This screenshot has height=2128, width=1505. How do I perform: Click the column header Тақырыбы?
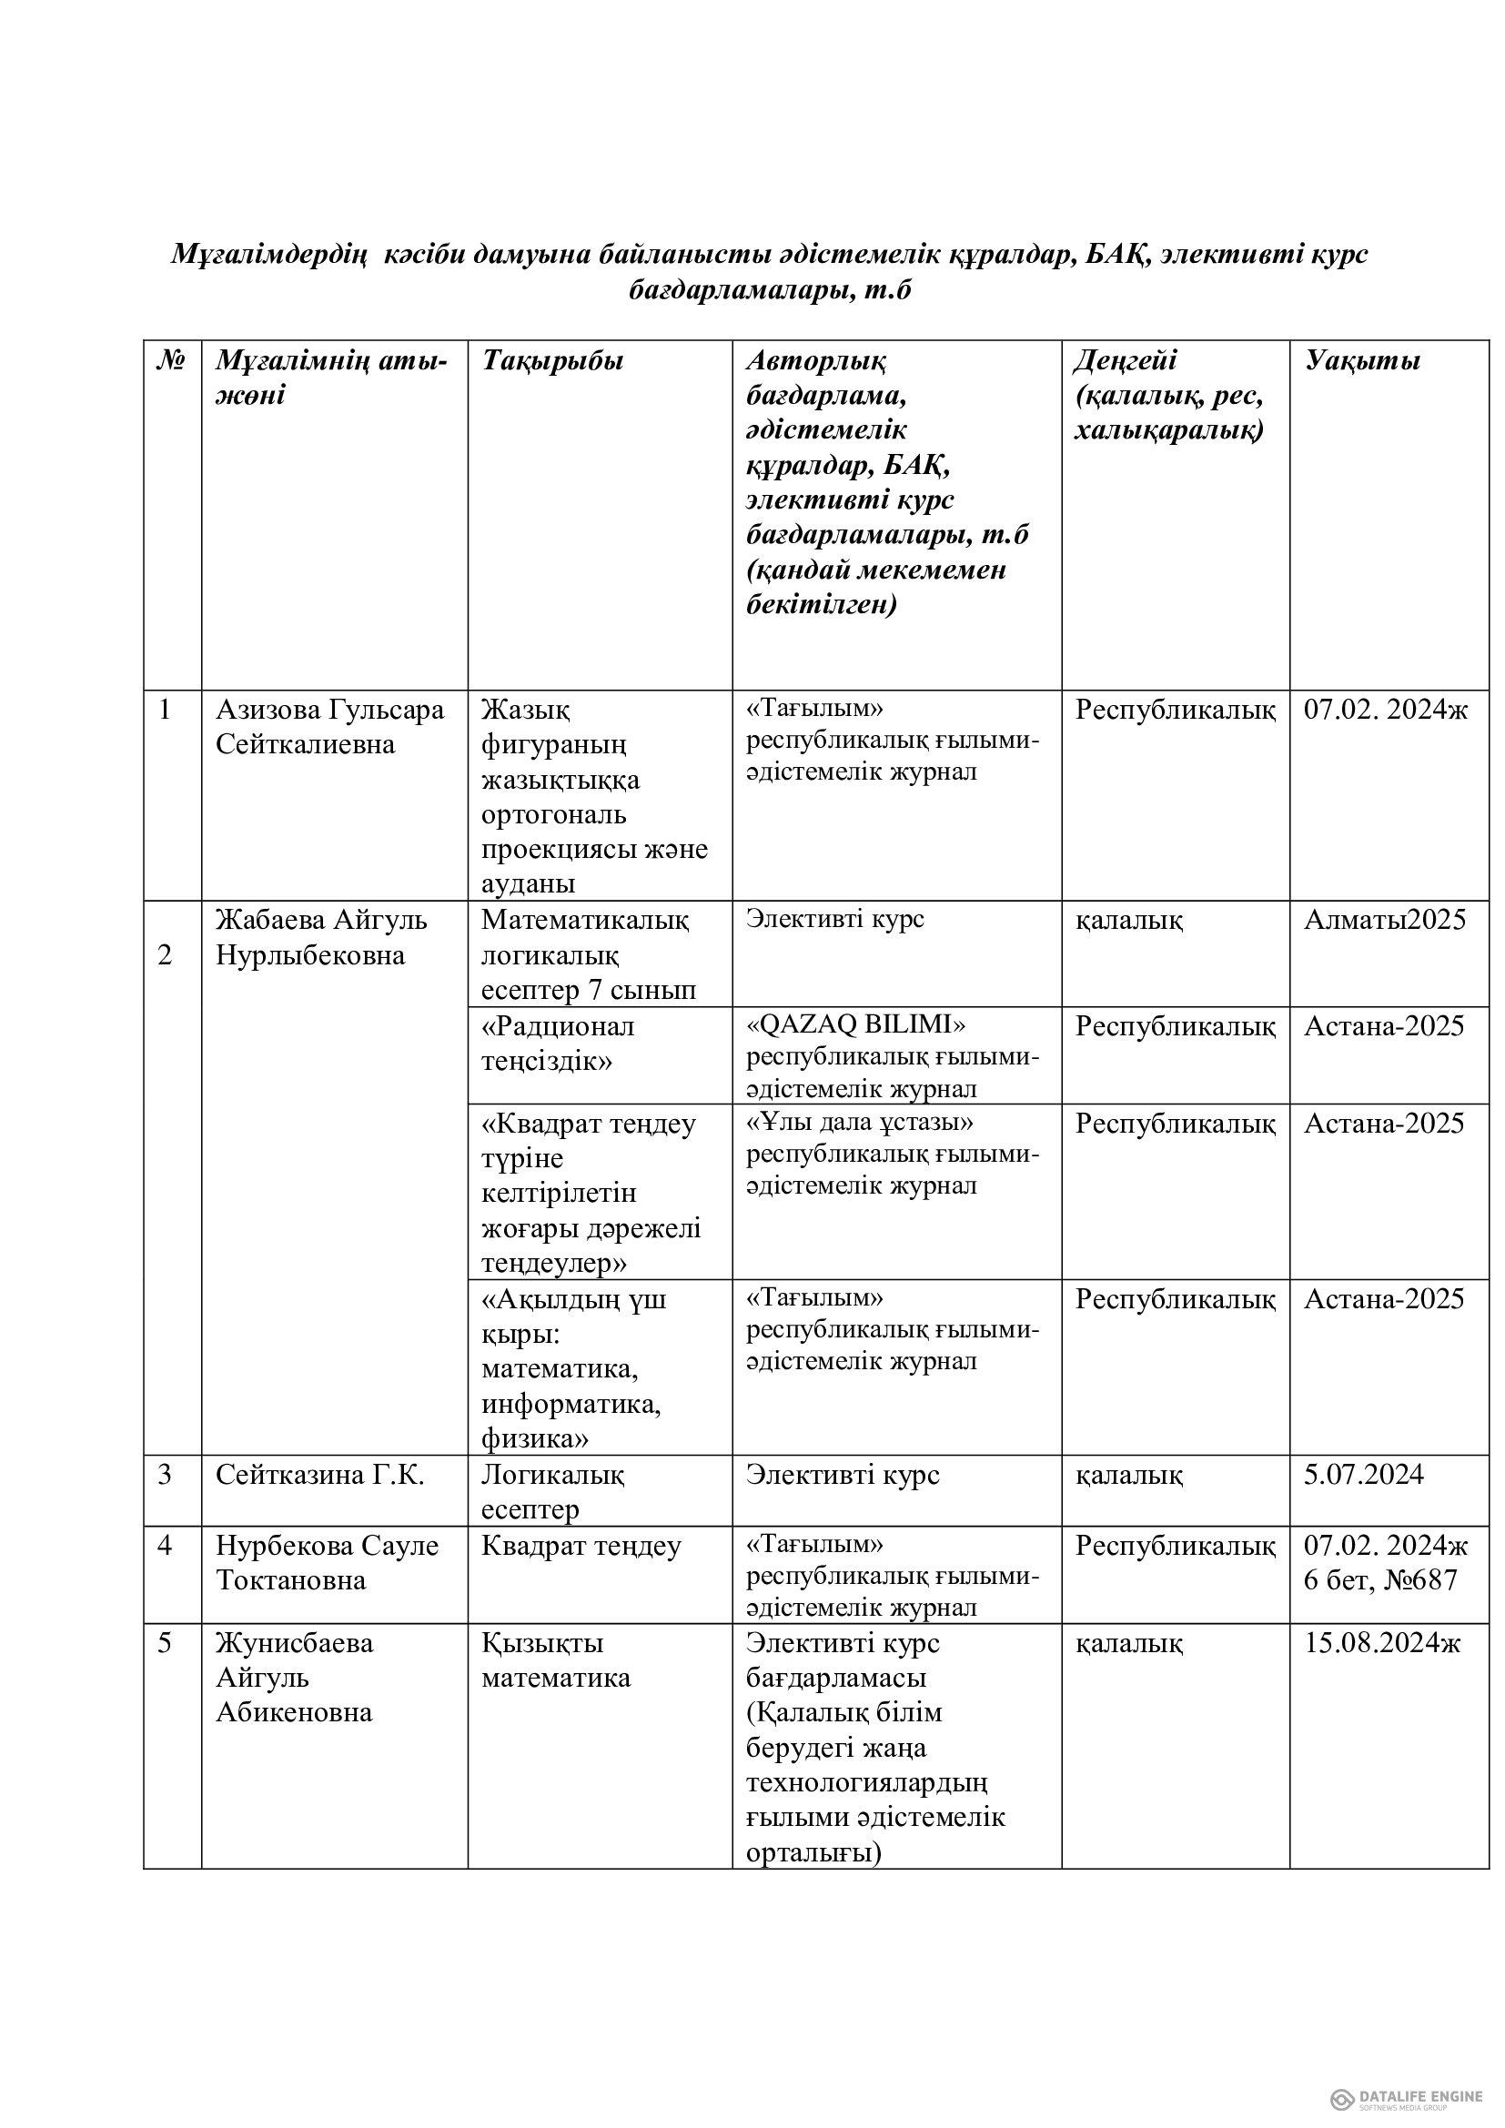point(552,360)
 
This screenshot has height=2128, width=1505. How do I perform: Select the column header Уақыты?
point(1362,360)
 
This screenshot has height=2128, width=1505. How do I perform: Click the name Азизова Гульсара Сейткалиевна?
point(330,727)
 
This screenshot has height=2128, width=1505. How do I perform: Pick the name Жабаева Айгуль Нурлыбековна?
point(321,937)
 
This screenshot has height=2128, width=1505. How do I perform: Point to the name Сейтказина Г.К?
point(319,1475)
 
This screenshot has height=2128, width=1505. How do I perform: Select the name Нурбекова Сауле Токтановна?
point(328,1563)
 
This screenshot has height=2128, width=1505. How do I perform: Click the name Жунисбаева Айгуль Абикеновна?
point(295,1678)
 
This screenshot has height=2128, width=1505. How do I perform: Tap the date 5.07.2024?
point(1363,1475)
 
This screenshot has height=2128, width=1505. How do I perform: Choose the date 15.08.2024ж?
point(1382,1643)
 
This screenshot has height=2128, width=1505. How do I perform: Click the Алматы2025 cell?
point(1385,920)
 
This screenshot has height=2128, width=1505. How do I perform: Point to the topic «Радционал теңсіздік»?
point(558,1043)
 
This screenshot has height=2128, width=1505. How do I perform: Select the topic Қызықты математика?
point(556,1660)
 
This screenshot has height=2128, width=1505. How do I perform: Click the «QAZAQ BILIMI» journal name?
point(856,1025)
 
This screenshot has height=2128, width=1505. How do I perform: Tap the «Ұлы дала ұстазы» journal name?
point(860,1123)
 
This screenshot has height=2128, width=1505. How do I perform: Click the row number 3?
point(165,1475)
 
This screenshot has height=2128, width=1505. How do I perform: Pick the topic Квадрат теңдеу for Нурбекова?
point(581,1546)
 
